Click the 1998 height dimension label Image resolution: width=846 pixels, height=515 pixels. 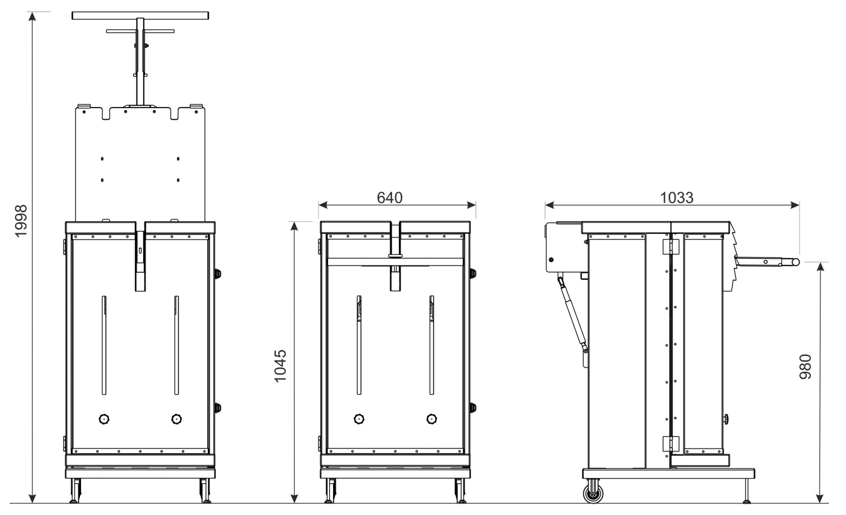tap(21, 221)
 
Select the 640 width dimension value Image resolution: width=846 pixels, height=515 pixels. tap(390, 198)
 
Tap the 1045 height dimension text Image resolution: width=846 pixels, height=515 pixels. tap(280, 366)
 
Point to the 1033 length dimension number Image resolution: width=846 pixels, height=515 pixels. tap(676, 198)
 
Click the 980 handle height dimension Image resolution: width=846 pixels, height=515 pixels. tap(805, 366)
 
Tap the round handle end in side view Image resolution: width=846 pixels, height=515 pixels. tap(795, 262)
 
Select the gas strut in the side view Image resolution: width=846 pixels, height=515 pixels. tap(573, 314)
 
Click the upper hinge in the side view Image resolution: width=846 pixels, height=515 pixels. tap(671, 247)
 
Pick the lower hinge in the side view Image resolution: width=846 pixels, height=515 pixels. tap(671, 444)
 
